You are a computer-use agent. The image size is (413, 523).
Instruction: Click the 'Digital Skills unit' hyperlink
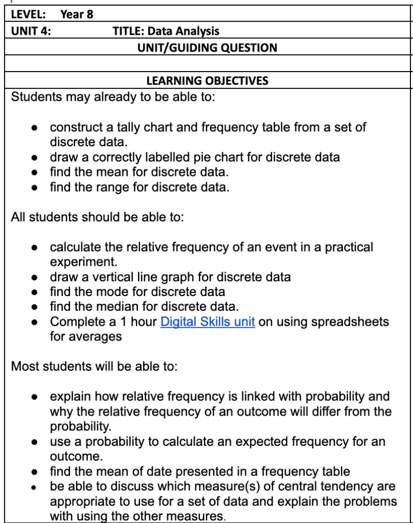click(x=208, y=322)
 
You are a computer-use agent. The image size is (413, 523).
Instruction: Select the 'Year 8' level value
click(x=77, y=14)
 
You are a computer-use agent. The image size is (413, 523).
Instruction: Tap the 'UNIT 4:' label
click(x=31, y=31)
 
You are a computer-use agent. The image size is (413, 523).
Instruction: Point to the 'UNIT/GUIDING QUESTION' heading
click(x=207, y=48)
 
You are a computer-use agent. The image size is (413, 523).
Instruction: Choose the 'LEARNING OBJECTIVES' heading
click(x=207, y=81)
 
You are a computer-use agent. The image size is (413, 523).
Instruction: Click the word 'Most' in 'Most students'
click(x=23, y=367)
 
